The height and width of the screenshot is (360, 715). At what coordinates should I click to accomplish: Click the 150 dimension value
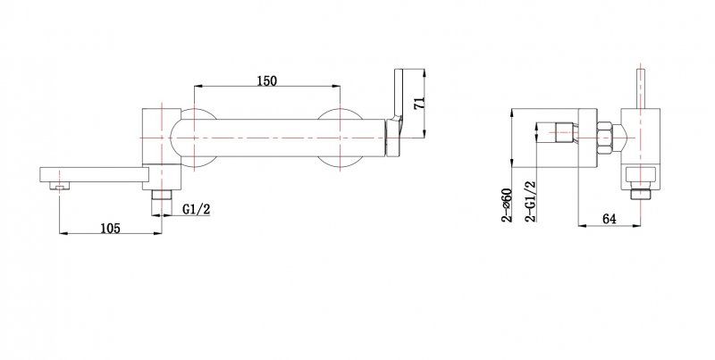[x=266, y=80]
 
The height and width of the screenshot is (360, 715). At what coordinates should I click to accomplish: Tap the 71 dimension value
[x=419, y=103]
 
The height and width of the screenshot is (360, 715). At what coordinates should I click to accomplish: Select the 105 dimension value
[x=110, y=228]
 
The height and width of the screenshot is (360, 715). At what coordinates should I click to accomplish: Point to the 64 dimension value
[x=610, y=219]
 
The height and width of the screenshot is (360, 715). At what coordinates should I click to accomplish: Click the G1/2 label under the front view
[x=197, y=209]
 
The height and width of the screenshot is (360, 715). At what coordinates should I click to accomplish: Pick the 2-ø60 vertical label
[x=507, y=205]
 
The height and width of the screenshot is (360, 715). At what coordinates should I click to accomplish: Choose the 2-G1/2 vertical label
[x=531, y=201]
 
